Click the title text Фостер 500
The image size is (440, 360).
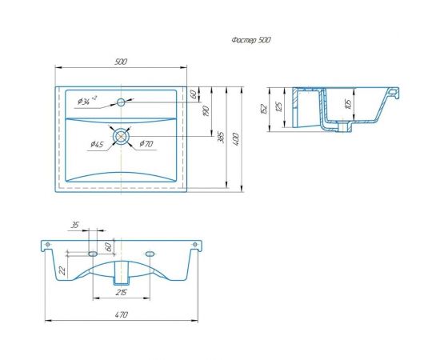(251, 41)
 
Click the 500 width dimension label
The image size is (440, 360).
(121, 62)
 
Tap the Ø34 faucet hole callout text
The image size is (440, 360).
(87, 101)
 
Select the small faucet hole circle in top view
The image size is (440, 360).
(121, 102)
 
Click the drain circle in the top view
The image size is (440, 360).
(121, 136)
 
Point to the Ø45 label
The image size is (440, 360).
(97, 145)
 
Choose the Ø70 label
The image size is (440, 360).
(146, 144)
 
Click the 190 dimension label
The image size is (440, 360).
(206, 111)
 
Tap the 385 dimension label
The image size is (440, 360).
(222, 138)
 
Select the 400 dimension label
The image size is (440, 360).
(236, 139)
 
